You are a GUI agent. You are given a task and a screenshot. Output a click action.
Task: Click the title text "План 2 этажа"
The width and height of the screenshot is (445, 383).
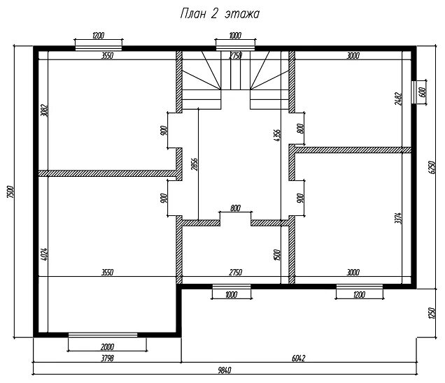tap(220, 14)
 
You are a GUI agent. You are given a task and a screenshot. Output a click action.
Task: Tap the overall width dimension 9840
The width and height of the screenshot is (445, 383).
tap(225, 370)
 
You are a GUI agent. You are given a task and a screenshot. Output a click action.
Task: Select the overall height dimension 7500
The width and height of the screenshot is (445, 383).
tap(10, 191)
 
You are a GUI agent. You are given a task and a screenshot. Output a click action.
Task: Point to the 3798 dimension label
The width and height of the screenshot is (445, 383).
tap(107, 357)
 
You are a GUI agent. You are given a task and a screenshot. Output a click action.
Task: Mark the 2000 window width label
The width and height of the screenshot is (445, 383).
tap(107, 347)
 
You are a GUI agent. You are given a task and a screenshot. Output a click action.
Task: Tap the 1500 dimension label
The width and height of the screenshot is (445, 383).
tap(278, 256)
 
